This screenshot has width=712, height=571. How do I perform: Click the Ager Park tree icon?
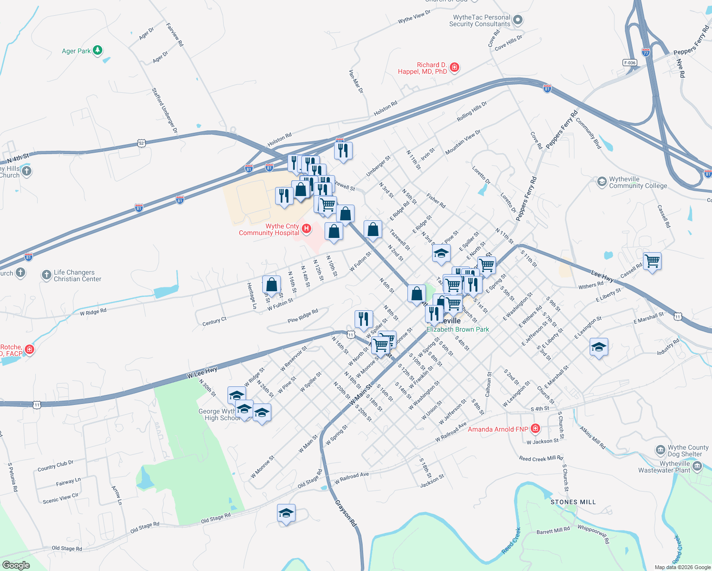click(98, 50)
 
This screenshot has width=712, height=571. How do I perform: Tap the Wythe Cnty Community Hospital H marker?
click(307, 229)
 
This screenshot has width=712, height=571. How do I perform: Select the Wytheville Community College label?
click(638, 183)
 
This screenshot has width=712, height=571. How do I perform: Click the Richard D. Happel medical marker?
click(455, 68)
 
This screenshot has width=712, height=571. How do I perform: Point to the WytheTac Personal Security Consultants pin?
click(518, 20)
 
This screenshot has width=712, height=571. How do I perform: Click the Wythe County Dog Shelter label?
click(688, 451)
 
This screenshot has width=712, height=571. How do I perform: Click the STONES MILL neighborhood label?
click(573, 502)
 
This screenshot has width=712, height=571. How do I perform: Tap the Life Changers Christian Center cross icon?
click(46, 275)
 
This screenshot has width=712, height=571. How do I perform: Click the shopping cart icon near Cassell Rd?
click(652, 261)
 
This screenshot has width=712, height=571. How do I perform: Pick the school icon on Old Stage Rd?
click(286, 513)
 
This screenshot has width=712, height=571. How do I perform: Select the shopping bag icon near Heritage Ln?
click(271, 285)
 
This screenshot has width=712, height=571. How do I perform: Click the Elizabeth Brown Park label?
click(457, 329)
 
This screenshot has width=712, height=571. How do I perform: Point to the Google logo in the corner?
click(16, 565)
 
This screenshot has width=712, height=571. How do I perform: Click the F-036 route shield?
click(629, 63)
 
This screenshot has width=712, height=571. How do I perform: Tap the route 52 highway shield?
click(141, 143)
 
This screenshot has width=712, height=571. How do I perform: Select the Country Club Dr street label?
click(56, 466)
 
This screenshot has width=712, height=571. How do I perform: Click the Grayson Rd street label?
click(346, 512)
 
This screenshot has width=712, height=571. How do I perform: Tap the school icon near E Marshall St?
click(598, 347)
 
